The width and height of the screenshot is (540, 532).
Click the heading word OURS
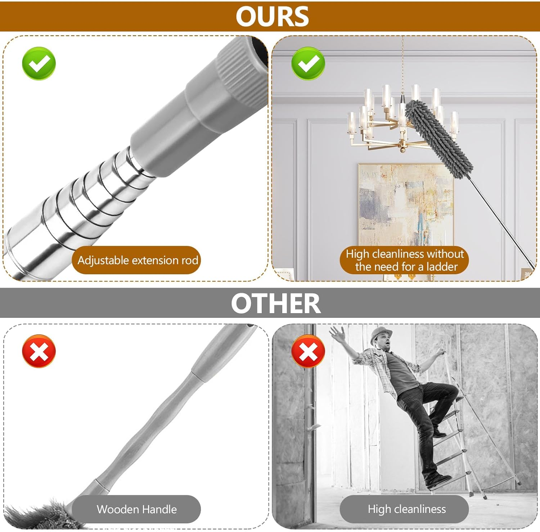coord(272,17)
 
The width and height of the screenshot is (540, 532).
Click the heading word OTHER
coord(275,303)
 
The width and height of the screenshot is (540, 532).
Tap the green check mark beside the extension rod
coord(39,63)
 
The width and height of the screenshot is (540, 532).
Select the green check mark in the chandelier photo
coord(308,63)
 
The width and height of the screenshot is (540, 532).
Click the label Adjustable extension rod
coord(138,260)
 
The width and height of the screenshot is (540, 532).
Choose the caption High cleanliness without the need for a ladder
coord(405,260)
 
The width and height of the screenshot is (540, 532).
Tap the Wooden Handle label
coord(136,509)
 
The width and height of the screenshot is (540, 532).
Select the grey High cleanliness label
coord(406,509)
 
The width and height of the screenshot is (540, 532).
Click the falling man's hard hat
coord(382,333)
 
